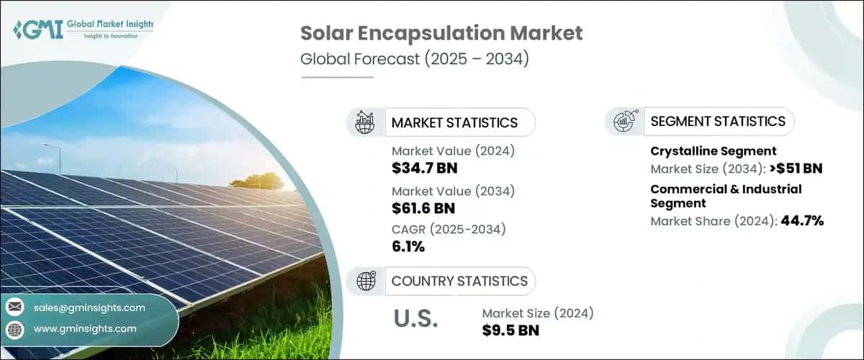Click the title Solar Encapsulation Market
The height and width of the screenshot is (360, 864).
[x=441, y=33]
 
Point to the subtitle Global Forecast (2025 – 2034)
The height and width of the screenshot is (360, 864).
[x=415, y=59]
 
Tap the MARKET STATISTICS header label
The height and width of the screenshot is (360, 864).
[x=454, y=122]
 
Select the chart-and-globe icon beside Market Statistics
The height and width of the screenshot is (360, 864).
[x=365, y=122]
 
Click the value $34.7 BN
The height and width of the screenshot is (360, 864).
[x=424, y=168]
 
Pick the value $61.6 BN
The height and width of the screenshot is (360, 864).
[x=424, y=208]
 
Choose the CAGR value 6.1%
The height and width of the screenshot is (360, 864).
[x=408, y=247]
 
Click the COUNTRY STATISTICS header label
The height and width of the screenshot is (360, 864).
[x=459, y=281]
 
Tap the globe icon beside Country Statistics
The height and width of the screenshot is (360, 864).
[x=366, y=281]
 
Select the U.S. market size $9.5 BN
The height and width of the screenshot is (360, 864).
[x=510, y=330]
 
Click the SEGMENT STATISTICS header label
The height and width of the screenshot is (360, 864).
[x=718, y=122]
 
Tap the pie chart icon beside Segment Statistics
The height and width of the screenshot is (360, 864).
[x=624, y=122]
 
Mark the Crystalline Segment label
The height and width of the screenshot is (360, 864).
[x=713, y=151]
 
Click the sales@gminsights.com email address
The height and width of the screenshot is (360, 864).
[x=89, y=307]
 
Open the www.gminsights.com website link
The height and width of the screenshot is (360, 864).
[x=85, y=328]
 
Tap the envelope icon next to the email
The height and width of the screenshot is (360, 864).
[x=15, y=307]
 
